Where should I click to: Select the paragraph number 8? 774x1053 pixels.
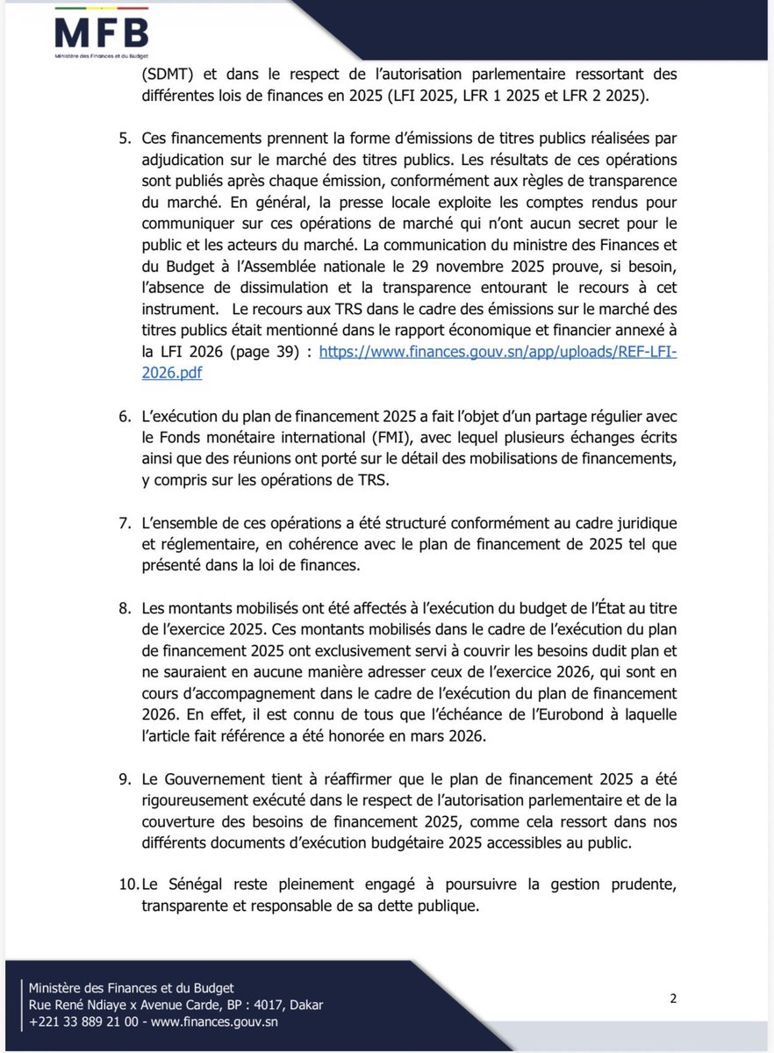tap(124, 607)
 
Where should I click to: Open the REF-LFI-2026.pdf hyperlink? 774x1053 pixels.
tap(498, 350)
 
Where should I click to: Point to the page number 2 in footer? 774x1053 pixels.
tap(673, 998)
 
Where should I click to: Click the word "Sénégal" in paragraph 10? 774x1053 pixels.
tap(200, 884)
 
